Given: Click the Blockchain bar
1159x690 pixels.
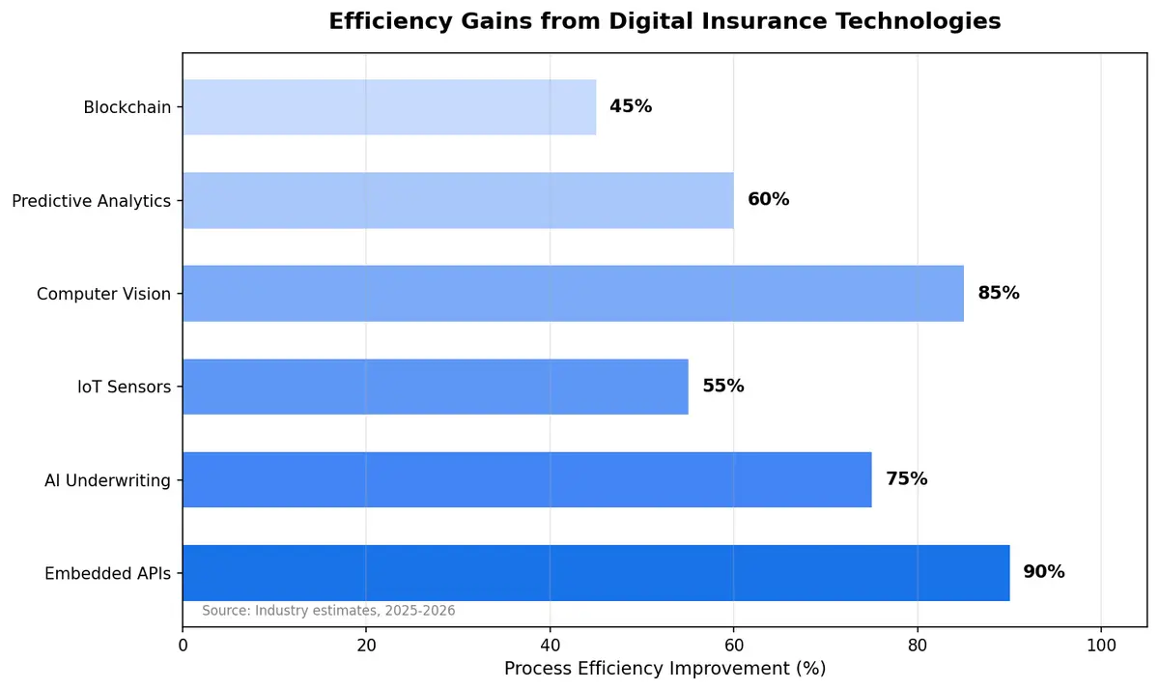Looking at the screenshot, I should point(389,107).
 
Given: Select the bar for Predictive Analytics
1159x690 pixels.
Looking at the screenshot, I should point(458,200).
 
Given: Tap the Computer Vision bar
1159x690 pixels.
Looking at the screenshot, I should point(573,293).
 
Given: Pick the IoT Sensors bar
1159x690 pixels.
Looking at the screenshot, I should point(435,387).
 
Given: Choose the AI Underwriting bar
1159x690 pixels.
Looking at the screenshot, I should point(526,479).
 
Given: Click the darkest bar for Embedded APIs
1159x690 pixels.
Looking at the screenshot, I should point(596,572).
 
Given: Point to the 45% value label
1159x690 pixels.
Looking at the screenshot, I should point(631,107).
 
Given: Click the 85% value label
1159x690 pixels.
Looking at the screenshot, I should point(999,293).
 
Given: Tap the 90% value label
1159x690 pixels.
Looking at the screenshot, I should point(1044,572).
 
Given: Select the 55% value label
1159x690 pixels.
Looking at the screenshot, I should point(723,387).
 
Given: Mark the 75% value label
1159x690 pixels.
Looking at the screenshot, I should point(907,479).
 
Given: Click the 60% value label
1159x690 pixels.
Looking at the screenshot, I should point(769,200).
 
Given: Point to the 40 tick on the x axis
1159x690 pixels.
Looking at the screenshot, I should point(550,645).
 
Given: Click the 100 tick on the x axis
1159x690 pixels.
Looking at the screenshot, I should point(1101,645).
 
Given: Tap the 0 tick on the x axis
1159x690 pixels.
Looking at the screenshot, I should point(183,645).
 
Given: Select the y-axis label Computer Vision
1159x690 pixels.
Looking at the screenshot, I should point(103,294).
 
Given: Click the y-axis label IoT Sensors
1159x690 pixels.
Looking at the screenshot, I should point(125,387).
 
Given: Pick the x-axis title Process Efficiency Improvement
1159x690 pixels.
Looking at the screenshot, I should point(664,669).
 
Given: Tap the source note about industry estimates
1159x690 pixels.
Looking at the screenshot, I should point(328,611).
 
